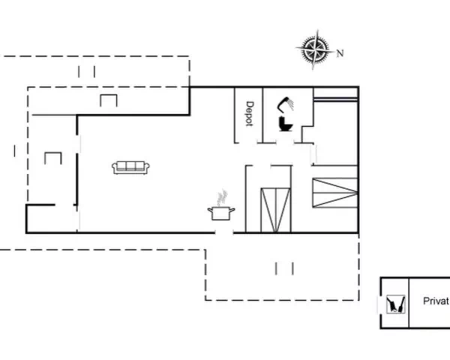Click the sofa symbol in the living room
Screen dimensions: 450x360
coord(130,168)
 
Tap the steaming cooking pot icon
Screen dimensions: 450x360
coord(221,213)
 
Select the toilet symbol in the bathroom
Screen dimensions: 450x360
coord(286,124)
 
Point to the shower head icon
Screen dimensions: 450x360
coord(286,104)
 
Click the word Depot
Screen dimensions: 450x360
coord(250,114)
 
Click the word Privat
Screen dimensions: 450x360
coord(436,301)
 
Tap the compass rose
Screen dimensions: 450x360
coord(315,49)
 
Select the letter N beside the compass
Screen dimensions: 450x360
coord(340,53)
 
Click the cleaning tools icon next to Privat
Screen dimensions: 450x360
coord(396,304)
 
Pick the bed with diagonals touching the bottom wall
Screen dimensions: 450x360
coord(275,210)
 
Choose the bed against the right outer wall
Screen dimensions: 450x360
coord(335,193)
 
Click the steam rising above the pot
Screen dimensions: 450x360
coord(222,197)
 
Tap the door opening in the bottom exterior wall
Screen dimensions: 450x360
coord(224,232)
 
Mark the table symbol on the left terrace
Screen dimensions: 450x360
coord(53,158)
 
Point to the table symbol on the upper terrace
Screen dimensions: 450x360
coord(109,100)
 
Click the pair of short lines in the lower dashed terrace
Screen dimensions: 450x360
coord(284,268)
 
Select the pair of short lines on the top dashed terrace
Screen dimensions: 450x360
coord(86,72)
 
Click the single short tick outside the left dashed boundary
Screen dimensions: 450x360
coord(15,151)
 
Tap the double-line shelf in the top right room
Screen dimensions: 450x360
coord(335,99)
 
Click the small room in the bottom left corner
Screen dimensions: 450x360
coord(52,219)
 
